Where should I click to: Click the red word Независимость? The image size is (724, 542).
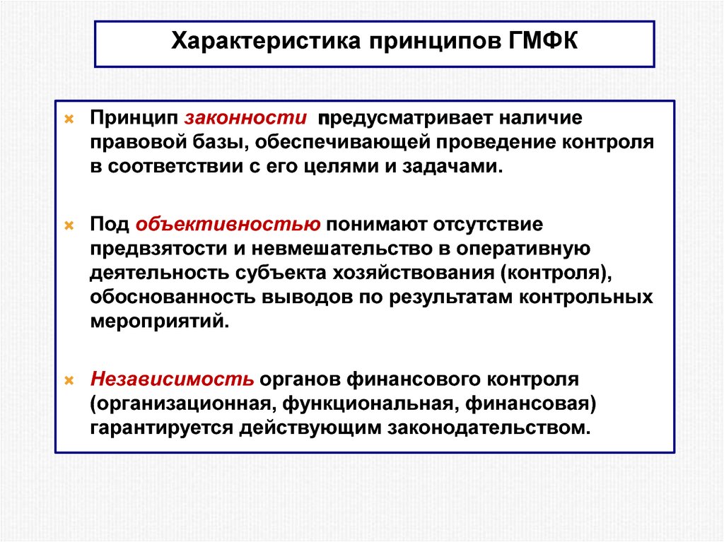pos(172,378)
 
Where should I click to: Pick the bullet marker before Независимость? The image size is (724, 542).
pos(69,379)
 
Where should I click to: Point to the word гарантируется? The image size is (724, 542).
pos(161,428)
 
